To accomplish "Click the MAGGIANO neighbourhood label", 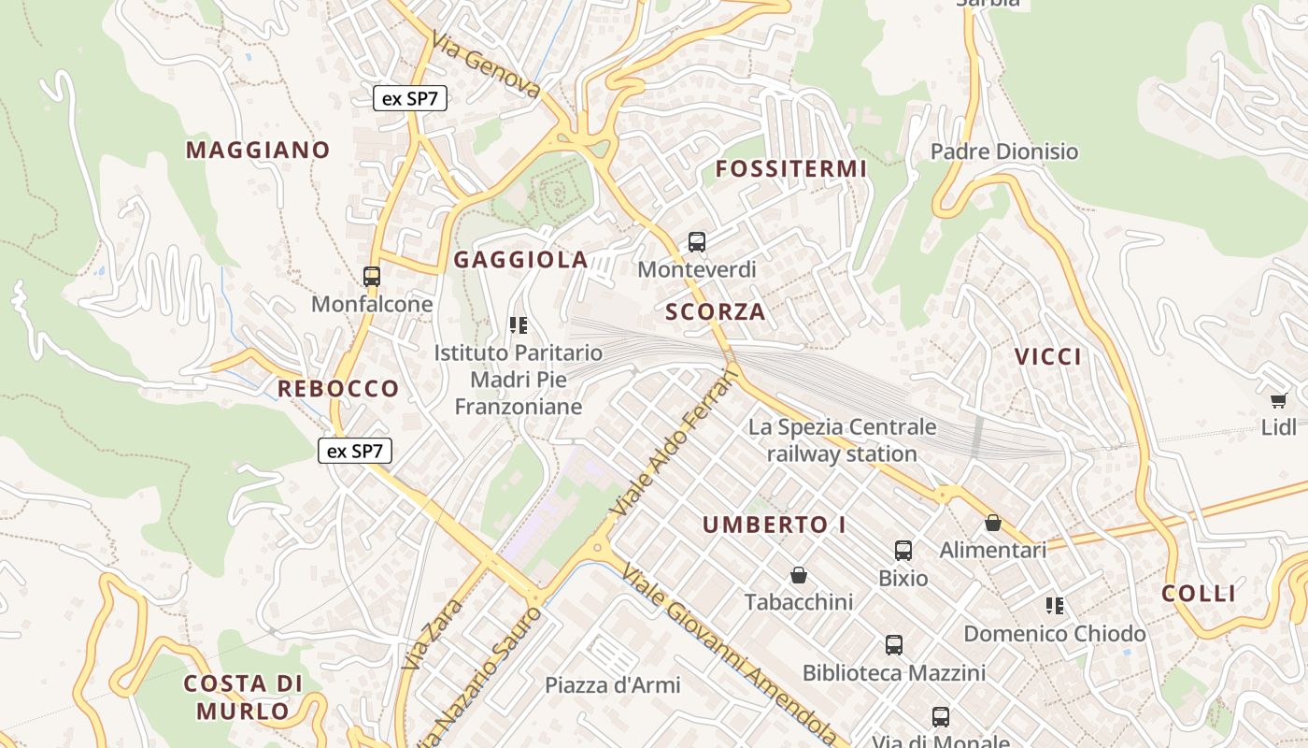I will (258, 150).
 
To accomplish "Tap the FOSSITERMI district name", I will (791, 169).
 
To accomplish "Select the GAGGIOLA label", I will (521, 260).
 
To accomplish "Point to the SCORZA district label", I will (716, 312).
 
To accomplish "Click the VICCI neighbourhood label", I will (1048, 356).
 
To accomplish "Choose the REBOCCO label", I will (338, 389).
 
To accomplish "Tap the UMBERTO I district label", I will (775, 525).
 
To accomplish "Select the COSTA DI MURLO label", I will (244, 698).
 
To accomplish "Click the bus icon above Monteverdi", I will (697, 242).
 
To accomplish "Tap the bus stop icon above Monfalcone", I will (372, 277).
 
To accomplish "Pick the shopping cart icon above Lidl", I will (1278, 401).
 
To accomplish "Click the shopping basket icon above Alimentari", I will (993, 523).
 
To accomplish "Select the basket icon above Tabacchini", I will (799, 574).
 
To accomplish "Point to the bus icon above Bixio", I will (903, 551).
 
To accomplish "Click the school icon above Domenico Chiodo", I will (1055, 606).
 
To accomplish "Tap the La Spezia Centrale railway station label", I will (842, 440).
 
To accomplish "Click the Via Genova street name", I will (486, 65).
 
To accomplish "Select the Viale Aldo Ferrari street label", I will (673, 444).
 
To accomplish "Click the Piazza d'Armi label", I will (613, 684).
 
